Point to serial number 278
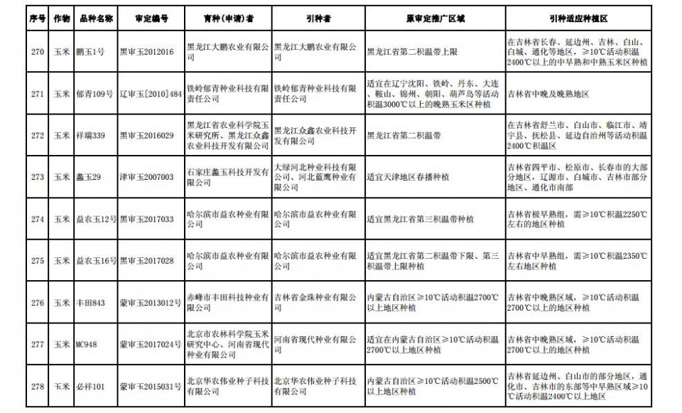(38, 387)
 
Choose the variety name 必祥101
(90, 387)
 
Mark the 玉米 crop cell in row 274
(62, 219)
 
